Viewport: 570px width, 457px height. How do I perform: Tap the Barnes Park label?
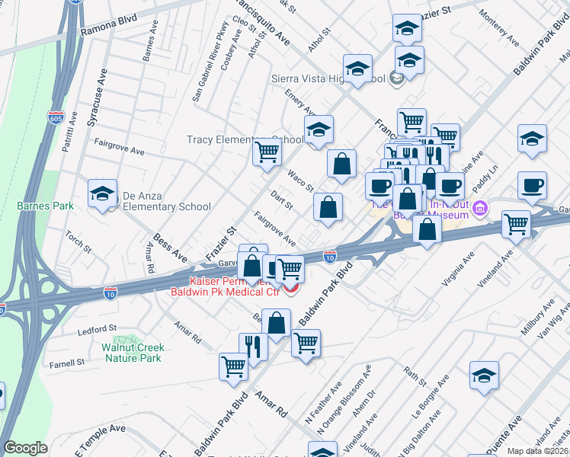(x=46, y=206)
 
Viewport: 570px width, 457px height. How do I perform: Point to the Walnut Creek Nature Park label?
(x=133, y=352)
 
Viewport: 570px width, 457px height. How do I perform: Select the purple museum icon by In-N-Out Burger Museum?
(x=480, y=207)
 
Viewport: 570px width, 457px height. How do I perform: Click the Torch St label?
(x=78, y=243)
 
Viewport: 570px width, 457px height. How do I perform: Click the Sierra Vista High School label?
(x=329, y=78)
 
